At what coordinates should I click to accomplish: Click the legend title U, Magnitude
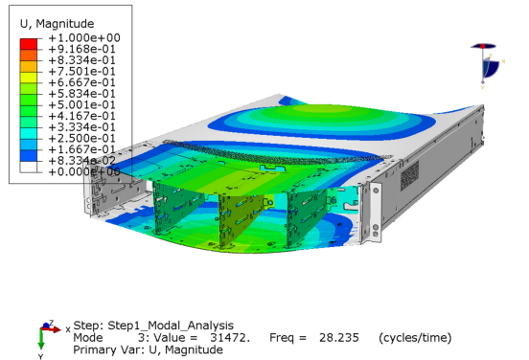(x=57, y=24)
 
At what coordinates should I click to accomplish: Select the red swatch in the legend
(x=29, y=44)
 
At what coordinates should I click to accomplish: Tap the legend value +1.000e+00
(x=84, y=37)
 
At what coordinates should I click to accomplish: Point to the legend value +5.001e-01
(x=82, y=104)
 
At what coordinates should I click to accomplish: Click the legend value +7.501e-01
(x=82, y=72)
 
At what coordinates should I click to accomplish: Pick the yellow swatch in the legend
(x=29, y=78)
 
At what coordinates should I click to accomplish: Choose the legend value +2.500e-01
(x=82, y=138)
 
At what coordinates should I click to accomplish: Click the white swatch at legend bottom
(x=29, y=167)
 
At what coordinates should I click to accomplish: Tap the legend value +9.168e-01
(x=82, y=49)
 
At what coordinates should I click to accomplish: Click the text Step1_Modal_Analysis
(x=171, y=326)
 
